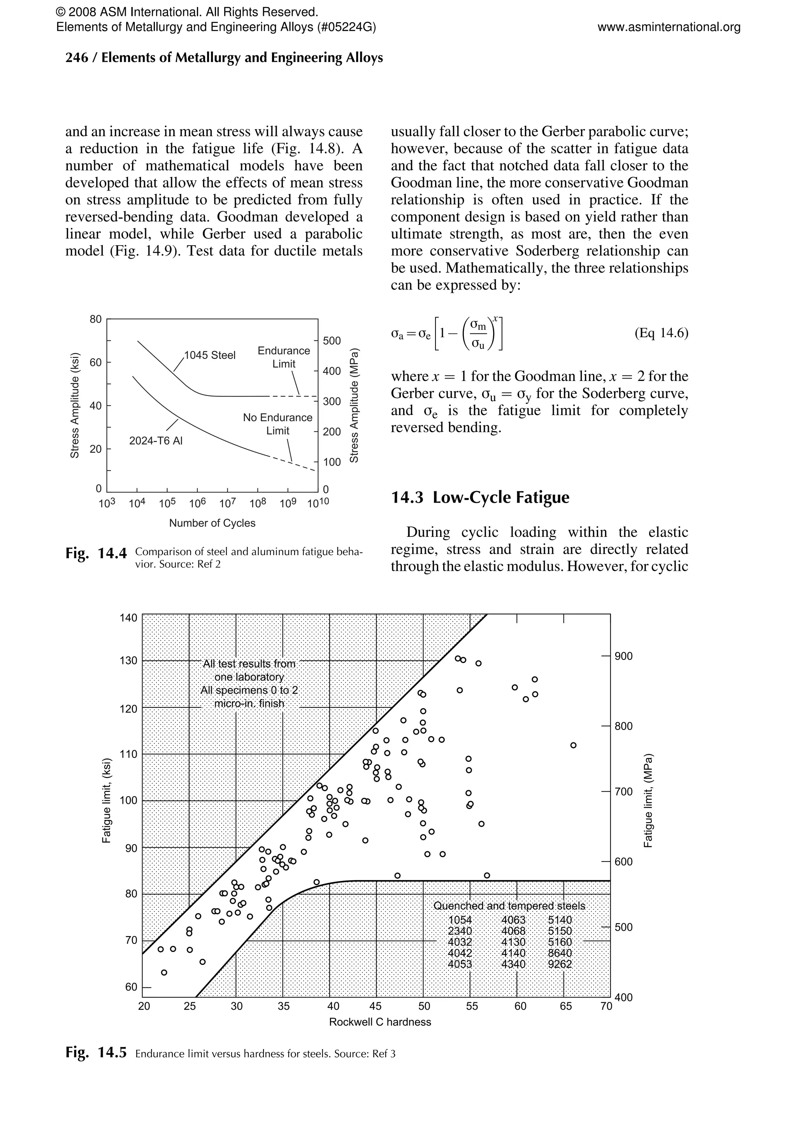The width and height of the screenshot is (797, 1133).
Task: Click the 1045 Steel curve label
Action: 210,355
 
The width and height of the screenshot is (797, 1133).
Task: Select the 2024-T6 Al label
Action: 155,441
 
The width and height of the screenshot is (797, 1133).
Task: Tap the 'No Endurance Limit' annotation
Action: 277,424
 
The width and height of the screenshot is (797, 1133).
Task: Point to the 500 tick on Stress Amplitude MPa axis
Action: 332,341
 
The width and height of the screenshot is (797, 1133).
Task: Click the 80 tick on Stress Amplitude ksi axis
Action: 95,319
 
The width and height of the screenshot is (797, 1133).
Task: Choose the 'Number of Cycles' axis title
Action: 212,523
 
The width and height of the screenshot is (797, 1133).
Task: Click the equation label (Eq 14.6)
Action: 661,333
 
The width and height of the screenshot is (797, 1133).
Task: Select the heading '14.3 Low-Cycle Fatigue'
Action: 480,497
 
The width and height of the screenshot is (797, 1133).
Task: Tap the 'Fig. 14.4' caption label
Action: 96,554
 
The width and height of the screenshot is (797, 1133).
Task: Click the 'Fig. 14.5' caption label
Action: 96,1054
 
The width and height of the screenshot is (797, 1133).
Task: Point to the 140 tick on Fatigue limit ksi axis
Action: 128,618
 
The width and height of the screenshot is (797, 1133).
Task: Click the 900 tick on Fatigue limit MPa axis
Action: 623,656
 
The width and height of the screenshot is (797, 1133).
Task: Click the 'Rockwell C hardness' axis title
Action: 380,1022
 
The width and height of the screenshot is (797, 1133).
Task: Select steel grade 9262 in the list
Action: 560,964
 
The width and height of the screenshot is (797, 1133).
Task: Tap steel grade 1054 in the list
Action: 460,920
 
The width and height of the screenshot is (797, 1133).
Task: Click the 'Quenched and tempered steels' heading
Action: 509,906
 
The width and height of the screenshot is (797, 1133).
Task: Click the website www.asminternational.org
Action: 669,27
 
